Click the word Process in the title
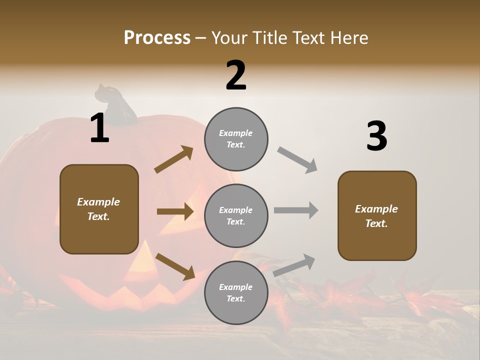pyautogui.click(x=157, y=38)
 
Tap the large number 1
pyautogui.click(x=99, y=128)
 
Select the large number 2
pyautogui.click(x=236, y=75)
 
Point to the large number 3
pyautogui.click(x=376, y=136)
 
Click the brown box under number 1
pyautogui.click(x=99, y=209)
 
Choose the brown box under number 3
pyautogui.click(x=377, y=216)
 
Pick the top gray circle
pyautogui.click(x=236, y=139)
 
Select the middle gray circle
pyautogui.click(x=236, y=215)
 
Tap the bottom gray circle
pyautogui.click(x=236, y=292)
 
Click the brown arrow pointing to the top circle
pyautogui.click(x=174, y=159)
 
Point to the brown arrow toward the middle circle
pyautogui.click(x=175, y=211)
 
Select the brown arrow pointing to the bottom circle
pyautogui.click(x=175, y=266)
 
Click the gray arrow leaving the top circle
pyautogui.click(x=297, y=159)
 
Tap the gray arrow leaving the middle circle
pyautogui.click(x=296, y=210)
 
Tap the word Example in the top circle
pyautogui.click(x=235, y=133)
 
